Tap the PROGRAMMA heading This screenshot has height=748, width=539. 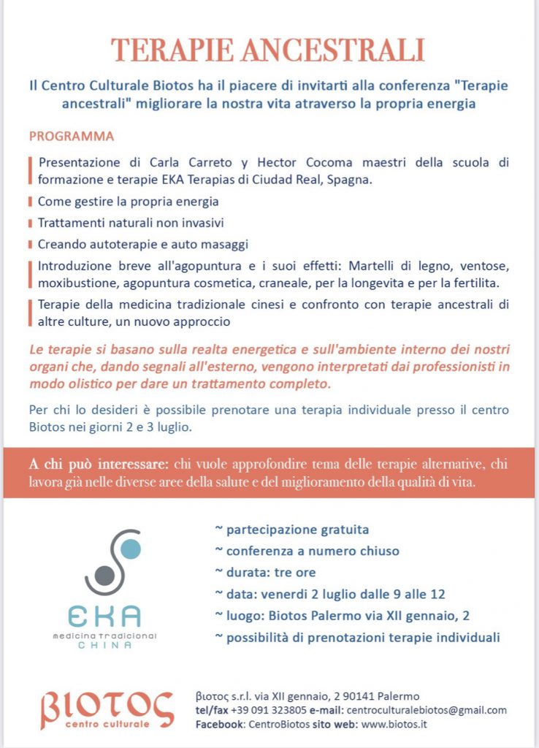(x=72, y=137)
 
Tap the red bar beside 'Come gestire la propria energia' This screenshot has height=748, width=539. (x=30, y=201)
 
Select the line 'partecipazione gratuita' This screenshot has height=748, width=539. (x=291, y=530)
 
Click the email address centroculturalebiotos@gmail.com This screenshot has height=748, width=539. (x=426, y=710)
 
